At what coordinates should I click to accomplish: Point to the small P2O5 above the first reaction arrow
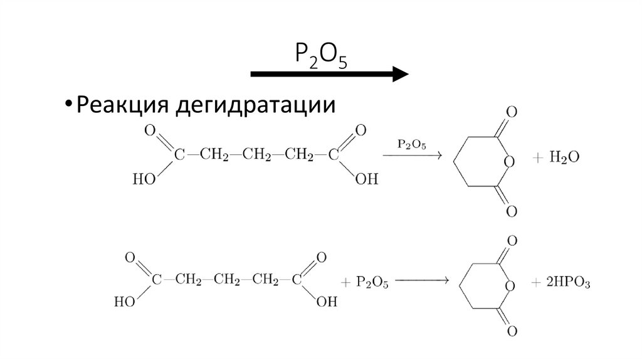pos(412,144)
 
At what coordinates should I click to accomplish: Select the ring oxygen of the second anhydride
pos(510,287)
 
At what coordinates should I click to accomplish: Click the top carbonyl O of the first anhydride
pos(512,114)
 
